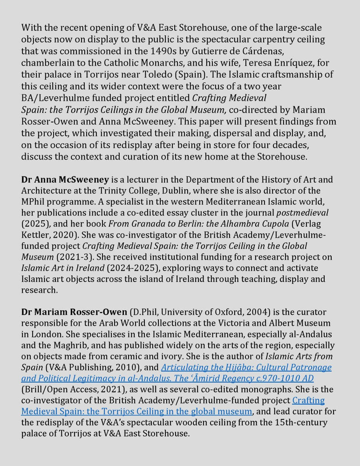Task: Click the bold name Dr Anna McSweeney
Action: point(65,180)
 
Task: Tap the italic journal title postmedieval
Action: point(302,213)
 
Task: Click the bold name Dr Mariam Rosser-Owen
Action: point(74,312)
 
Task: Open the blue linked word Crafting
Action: point(308,400)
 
